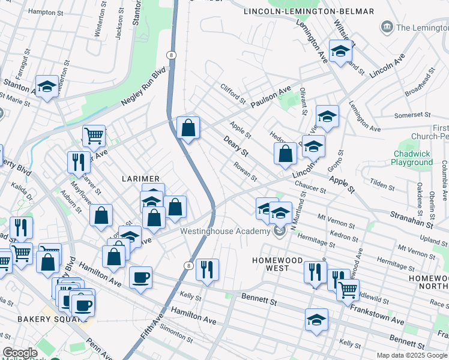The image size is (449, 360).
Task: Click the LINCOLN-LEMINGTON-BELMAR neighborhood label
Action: click(x=309, y=11)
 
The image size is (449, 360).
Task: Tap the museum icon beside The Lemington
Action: click(x=386, y=27)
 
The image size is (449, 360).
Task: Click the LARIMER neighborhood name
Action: click(x=141, y=179)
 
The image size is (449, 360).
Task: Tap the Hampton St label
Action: click(x=46, y=11)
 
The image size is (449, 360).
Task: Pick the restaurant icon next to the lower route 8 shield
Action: click(x=207, y=268)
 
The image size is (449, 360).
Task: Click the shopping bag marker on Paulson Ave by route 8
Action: click(x=188, y=128)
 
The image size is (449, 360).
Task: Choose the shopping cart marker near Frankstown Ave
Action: click(x=348, y=290)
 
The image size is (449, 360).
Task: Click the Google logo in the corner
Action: click(x=20, y=353)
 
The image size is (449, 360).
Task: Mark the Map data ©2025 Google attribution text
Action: click(x=412, y=355)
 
